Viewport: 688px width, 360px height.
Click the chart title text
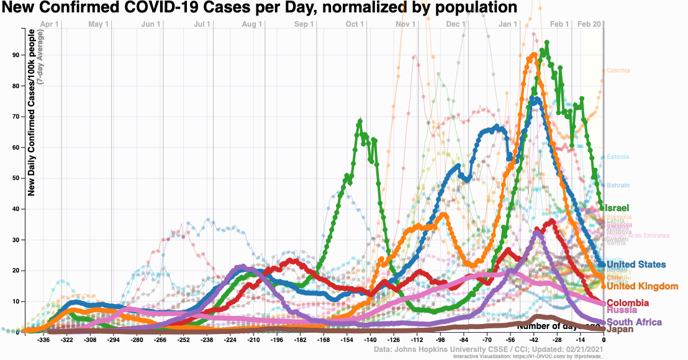(260, 8)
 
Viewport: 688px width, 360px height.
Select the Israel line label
(618, 207)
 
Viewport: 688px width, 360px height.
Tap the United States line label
(636, 265)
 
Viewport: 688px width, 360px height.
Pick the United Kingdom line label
(642, 286)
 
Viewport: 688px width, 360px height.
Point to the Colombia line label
(628, 303)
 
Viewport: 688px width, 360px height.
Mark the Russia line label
(622, 310)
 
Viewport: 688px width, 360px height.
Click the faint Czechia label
(618, 71)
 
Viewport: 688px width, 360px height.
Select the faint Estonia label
(618, 156)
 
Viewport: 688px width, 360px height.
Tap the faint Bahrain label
(618, 186)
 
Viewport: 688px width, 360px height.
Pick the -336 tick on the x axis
(44, 340)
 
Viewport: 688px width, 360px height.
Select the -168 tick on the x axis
(324, 340)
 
